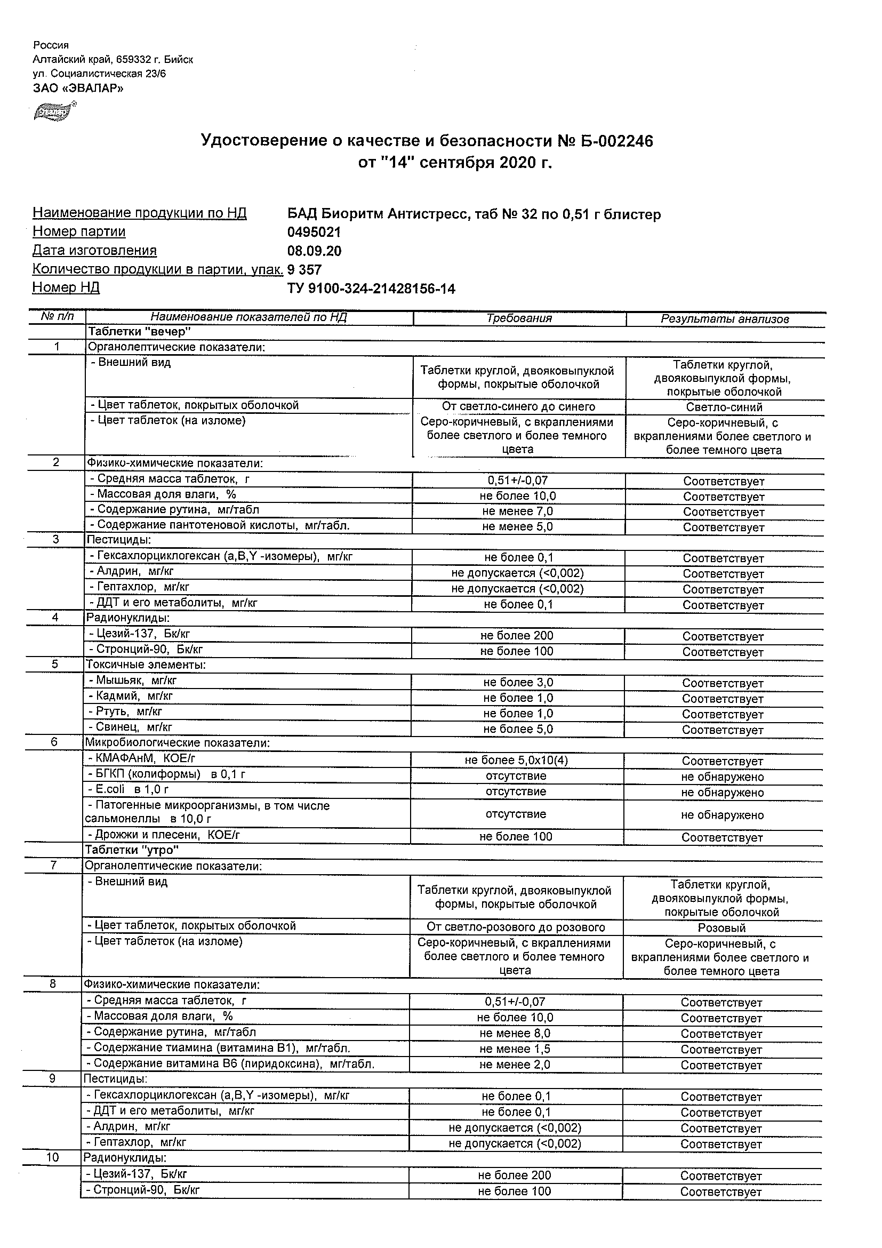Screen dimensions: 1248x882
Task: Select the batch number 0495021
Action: (x=314, y=232)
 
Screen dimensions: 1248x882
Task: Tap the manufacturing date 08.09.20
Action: (x=314, y=251)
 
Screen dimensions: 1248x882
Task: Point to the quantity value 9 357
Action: (x=304, y=270)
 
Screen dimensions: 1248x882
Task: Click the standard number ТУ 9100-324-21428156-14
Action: (x=371, y=289)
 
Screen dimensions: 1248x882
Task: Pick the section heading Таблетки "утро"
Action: (x=132, y=849)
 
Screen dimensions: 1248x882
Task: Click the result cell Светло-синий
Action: (x=724, y=407)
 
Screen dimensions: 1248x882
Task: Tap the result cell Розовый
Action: (x=721, y=928)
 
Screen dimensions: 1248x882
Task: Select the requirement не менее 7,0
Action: (x=517, y=511)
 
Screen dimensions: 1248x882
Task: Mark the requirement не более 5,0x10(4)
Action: (x=516, y=761)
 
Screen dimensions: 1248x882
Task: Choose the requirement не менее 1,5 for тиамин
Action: (x=515, y=1049)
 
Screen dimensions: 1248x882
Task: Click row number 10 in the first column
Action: (x=52, y=1157)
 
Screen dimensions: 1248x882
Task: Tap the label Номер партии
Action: (x=79, y=231)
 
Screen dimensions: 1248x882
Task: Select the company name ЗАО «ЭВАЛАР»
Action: (x=78, y=88)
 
